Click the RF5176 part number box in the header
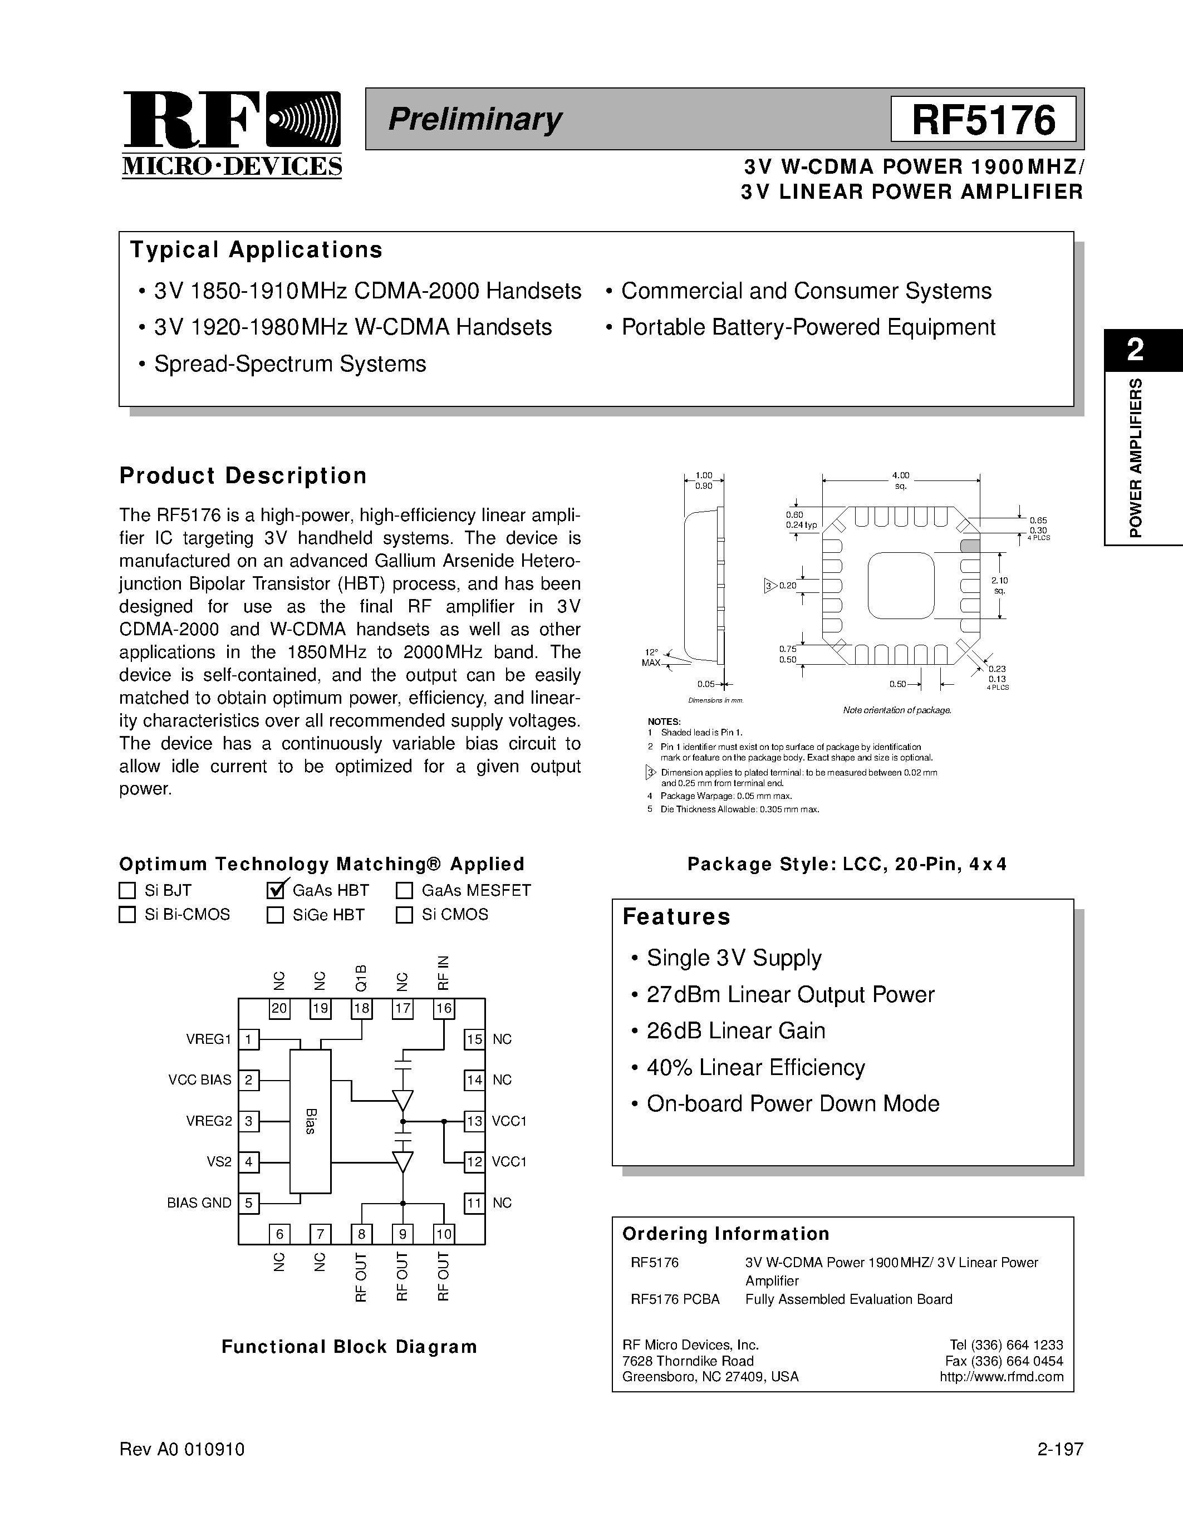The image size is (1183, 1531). (x=983, y=119)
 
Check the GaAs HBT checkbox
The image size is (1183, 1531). (x=276, y=890)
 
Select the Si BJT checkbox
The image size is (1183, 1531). (x=127, y=890)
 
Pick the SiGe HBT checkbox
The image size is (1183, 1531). (x=276, y=915)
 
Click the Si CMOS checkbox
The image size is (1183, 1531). (x=404, y=915)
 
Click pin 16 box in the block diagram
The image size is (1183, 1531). (x=444, y=1009)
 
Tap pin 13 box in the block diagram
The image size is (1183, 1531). (x=474, y=1121)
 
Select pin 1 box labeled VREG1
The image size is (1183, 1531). (x=249, y=1039)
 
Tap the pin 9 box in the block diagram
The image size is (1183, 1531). (x=403, y=1234)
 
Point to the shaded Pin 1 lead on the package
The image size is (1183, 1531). (x=969, y=546)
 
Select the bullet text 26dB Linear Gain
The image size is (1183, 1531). (x=735, y=1031)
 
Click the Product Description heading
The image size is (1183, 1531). (x=243, y=475)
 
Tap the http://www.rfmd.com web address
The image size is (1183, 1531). (x=1001, y=1377)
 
